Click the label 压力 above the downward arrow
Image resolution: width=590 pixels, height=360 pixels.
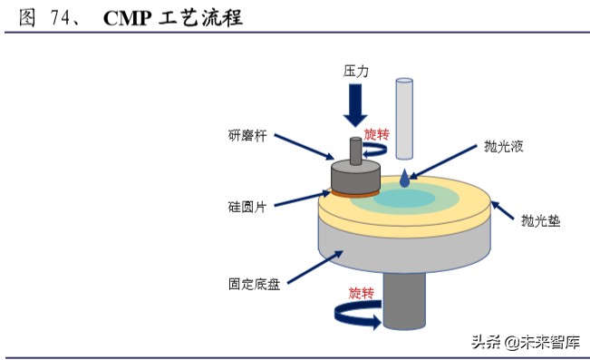355,70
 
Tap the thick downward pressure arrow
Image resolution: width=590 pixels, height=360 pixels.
355,106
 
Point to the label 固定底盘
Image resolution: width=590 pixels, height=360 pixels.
255,283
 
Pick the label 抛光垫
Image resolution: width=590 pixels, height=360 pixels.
539,219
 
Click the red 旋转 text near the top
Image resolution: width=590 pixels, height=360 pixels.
376,135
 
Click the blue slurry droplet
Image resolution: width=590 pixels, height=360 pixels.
404,180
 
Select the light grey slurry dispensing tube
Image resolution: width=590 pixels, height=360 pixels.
404,114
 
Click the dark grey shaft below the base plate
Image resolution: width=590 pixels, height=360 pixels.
404,299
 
